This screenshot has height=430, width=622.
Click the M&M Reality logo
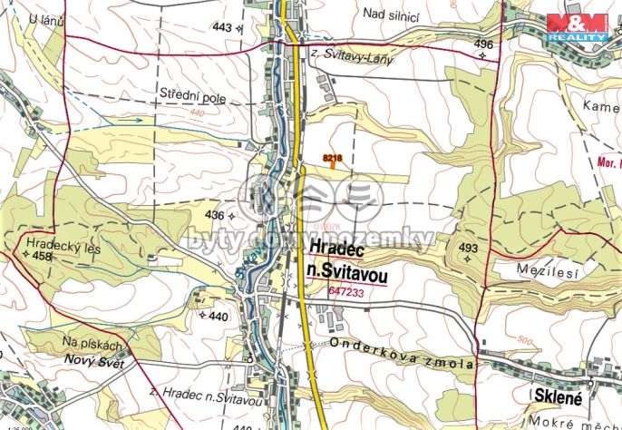577,27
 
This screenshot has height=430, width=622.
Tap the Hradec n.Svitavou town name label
347,259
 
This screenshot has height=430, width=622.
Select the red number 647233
348,291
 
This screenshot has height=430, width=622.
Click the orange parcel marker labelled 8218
333,159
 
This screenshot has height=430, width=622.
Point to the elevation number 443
222,27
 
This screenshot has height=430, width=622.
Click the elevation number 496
483,44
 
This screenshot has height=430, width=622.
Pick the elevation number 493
468,248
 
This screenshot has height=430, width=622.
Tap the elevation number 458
43,257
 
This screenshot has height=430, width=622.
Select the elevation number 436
214,215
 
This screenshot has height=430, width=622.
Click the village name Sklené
558,396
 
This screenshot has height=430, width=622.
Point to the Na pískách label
92,345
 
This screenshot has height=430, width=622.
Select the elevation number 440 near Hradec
219,317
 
